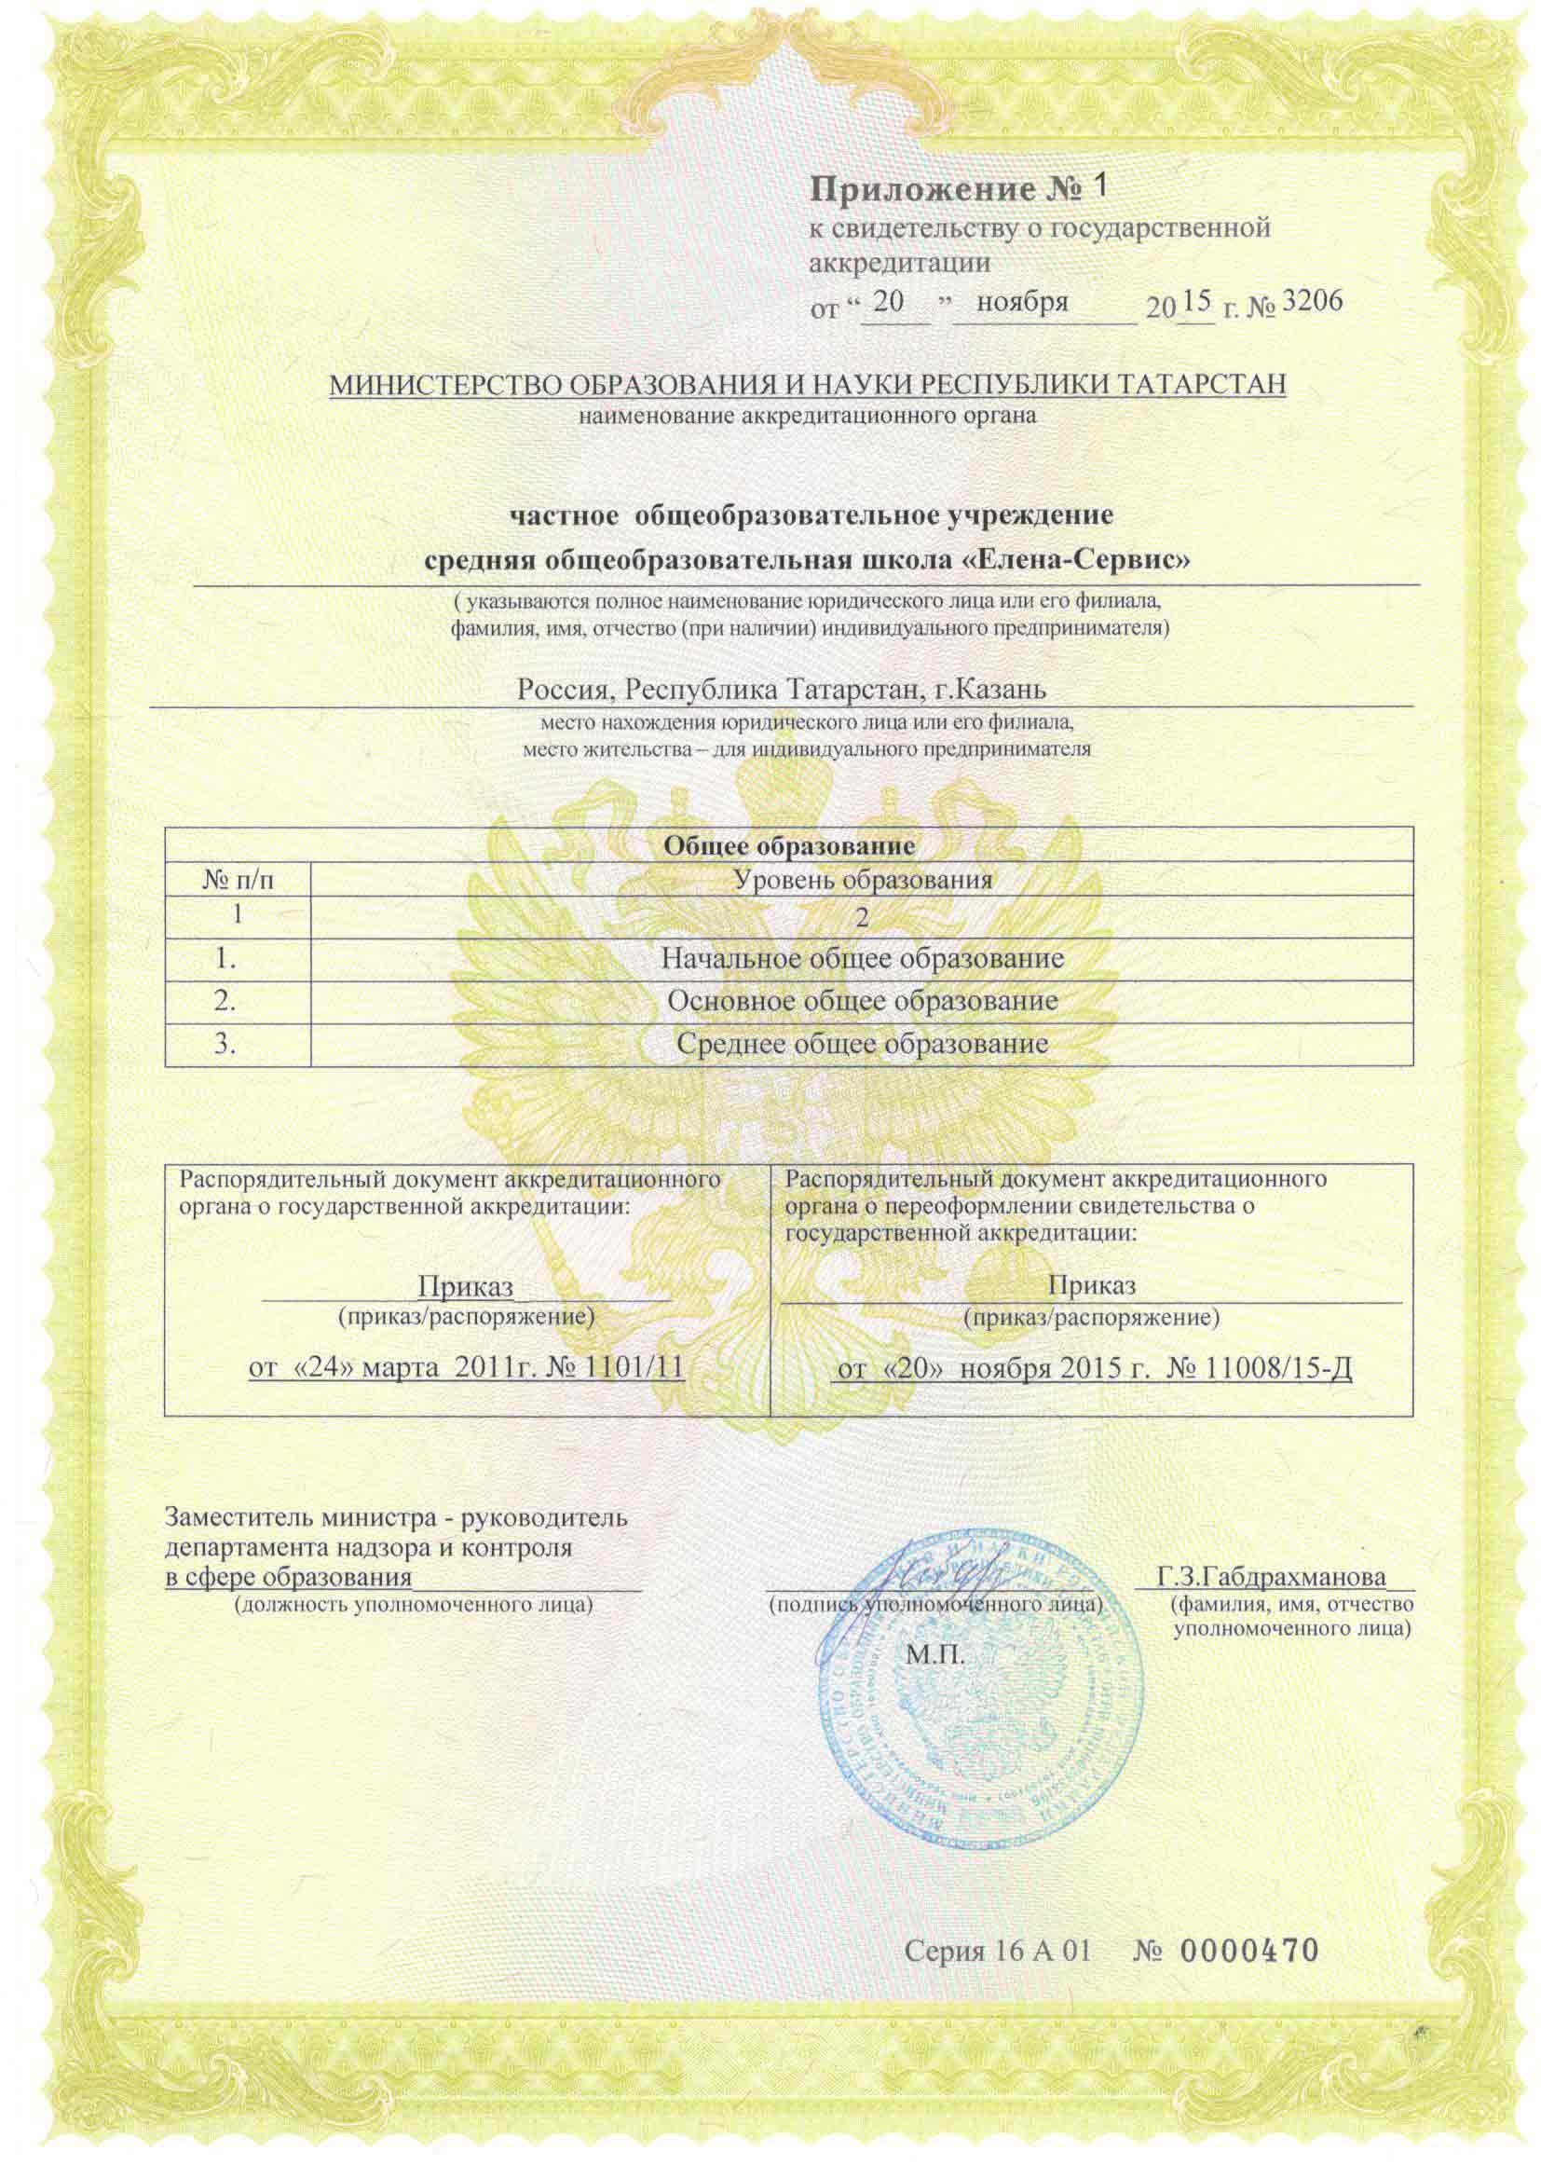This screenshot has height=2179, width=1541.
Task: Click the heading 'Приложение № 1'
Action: (x=958, y=189)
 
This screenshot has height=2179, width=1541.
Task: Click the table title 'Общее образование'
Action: (x=788, y=844)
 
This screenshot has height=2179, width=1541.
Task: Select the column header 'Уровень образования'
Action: (x=865, y=880)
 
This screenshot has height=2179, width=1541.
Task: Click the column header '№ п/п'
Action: (x=238, y=880)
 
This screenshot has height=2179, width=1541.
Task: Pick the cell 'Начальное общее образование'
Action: (x=862, y=958)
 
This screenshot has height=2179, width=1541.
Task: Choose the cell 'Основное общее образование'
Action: (x=862, y=1001)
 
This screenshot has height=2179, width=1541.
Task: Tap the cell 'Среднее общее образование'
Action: (x=862, y=1044)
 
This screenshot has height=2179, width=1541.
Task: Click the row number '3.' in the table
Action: (x=225, y=1044)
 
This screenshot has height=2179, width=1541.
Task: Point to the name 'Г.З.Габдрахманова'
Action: (x=1272, y=1577)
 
